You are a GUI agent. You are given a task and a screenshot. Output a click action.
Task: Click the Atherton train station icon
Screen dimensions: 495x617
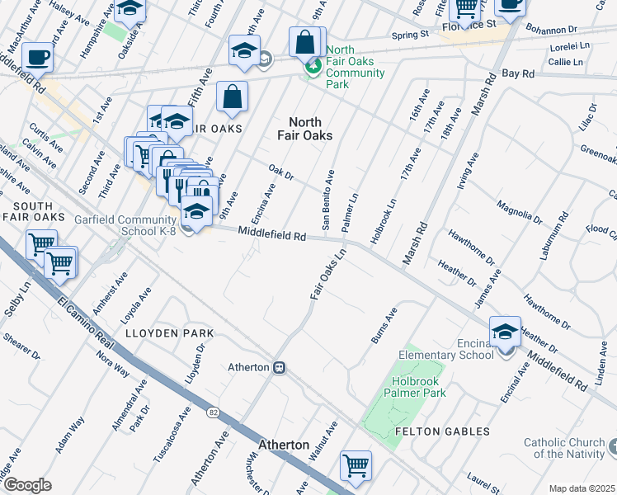(x=280, y=367)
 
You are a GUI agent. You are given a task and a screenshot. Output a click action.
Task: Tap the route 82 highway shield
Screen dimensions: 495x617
(x=214, y=412)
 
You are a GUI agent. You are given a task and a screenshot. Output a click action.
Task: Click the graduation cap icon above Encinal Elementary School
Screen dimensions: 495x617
(x=505, y=331)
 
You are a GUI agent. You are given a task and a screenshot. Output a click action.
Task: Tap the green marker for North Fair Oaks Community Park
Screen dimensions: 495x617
(x=313, y=67)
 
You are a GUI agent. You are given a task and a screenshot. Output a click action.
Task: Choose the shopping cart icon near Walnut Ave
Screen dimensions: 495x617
(x=356, y=465)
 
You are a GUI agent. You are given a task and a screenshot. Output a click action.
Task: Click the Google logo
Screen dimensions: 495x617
(x=27, y=484)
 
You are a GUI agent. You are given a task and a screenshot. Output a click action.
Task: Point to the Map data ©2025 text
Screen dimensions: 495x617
(x=582, y=488)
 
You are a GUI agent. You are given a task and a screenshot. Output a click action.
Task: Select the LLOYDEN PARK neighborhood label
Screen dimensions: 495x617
(x=169, y=333)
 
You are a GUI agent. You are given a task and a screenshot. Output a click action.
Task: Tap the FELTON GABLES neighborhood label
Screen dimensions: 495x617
(x=442, y=431)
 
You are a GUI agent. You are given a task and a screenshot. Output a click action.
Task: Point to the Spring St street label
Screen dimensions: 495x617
(x=411, y=35)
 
